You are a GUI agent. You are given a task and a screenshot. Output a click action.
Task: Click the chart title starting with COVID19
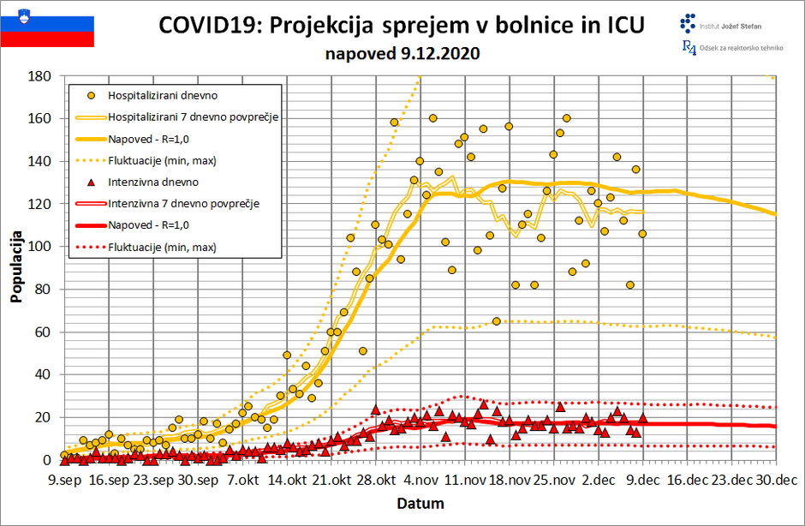coord(402,26)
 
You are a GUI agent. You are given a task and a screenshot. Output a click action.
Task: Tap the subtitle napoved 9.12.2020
coord(402,53)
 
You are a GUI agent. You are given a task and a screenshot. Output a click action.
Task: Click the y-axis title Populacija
coord(16,266)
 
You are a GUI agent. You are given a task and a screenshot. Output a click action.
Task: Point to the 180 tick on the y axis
coord(40,75)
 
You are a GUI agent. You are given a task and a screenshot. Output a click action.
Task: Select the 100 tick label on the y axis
coord(40,247)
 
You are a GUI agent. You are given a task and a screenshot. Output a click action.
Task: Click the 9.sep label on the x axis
coord(63,480)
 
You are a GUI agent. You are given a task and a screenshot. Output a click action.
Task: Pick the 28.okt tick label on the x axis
coord(375,480)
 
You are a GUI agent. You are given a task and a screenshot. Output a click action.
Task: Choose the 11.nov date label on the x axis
coord(464,480)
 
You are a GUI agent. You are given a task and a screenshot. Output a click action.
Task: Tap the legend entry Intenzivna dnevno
coord(153,182)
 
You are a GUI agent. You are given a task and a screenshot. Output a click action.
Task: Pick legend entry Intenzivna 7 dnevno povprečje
coord(183,204)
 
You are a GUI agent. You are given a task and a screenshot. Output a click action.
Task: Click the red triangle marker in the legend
coord(89,182)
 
